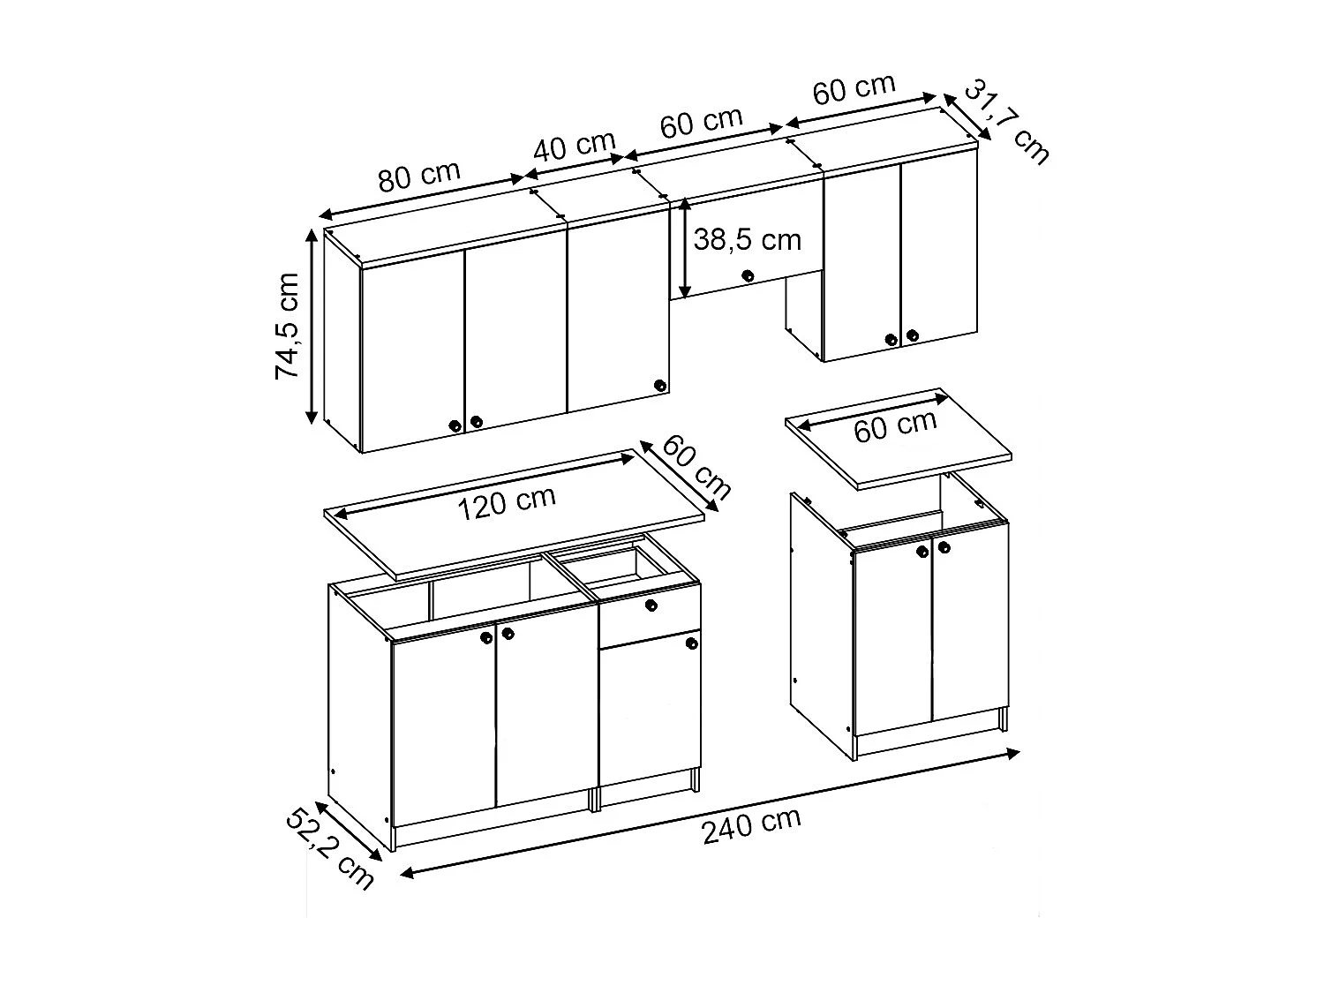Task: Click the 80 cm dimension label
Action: point(419,176)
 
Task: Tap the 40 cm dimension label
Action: point(575,146)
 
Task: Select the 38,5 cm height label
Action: point(747,240)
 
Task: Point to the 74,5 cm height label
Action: point(289,326)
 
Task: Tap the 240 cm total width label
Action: point(751,826)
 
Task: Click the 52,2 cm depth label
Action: point(329,848)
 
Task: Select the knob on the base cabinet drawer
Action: point(651,605)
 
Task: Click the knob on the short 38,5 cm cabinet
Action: point(748,275)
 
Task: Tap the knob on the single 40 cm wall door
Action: point(658,385)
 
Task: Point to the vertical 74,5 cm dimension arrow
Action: point(312,326)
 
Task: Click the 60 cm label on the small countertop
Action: point(895,427)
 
